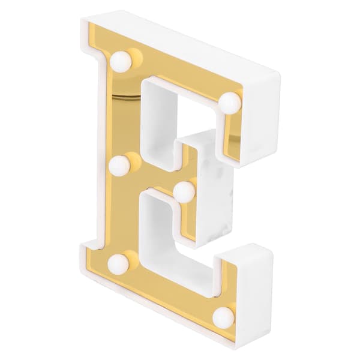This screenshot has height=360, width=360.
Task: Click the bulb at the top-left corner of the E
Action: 121,62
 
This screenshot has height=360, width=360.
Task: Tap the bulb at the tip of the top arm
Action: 230,103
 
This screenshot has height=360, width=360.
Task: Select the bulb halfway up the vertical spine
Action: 119,166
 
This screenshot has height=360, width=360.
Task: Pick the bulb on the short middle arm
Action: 184,192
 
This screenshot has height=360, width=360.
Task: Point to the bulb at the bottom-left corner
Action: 118,265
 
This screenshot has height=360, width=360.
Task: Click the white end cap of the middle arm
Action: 215,188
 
